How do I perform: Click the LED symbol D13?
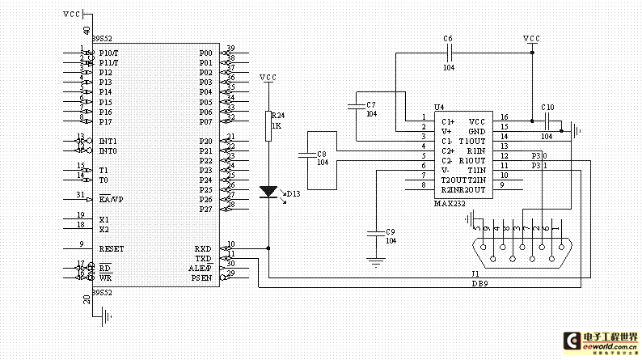click(x=268, y=193)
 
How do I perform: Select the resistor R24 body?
click(x=268, y=126)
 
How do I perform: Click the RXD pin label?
click(x=202, y=248)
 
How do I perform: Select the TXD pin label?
click(x=202, y=258)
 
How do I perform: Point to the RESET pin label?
click(x=111, y=248)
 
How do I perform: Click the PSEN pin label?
click(x=201, y=277)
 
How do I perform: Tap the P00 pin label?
click(x=205, y=53)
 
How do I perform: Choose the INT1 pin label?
click(x=108, y=141)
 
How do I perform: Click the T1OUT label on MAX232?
click(x=472, y=141)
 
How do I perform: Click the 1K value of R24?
click(x=277, y=126)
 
